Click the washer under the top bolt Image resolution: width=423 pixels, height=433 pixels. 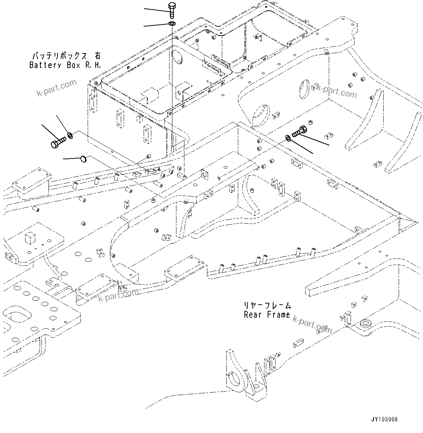[x=172, y=24]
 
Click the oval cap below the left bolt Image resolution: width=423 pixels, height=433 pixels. [x=83, y=159]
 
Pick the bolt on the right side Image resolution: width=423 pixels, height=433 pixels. [x=300, y=131]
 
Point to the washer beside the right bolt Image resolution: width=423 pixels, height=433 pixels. [x=288, y=137]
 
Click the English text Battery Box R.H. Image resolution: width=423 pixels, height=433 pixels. [x=65, y=65]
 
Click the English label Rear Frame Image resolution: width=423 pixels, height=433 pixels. [x=267, y=315]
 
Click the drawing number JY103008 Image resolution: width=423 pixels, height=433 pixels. [x=384, y=419]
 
